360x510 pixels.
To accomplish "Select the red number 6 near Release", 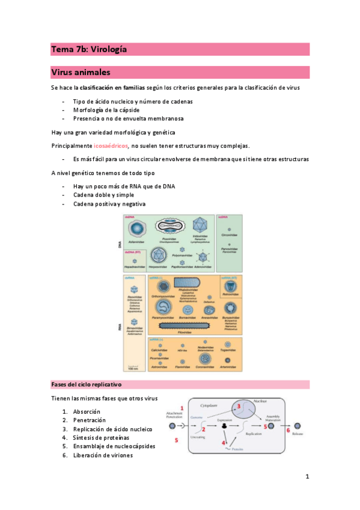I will (288, 431).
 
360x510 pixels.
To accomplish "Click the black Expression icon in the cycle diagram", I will (225, 426).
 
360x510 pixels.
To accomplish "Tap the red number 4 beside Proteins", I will (224, 443).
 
